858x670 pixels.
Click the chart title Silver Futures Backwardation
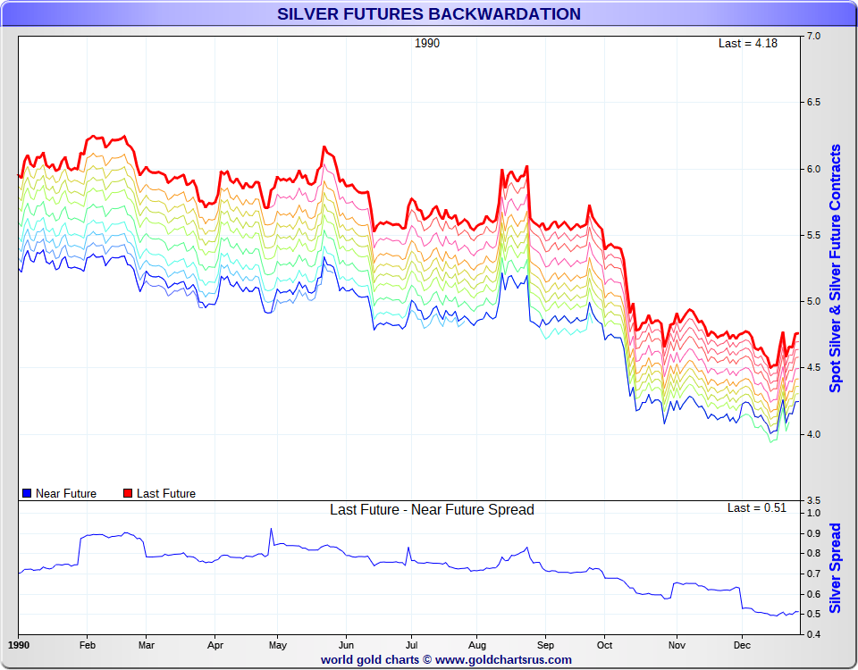[x=428, y=14]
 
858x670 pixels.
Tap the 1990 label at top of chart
[x=427, y=43]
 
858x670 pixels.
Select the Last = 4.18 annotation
[x=747, y=43]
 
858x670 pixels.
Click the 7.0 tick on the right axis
[x=814, y=36]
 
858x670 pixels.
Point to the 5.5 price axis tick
[x=814, y=235]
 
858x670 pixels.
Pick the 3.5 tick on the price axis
[x=814, y=500]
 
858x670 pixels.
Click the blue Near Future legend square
[x=27, y=493]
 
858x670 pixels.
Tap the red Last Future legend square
[x=128, y=493]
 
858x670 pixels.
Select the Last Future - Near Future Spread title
[x=432, y=510]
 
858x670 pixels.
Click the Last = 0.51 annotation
[x=756, y=508]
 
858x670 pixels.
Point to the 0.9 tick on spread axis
[x=813, y=533]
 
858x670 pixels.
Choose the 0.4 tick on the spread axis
[x=813, y=634]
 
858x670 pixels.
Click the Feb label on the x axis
[x=88, y=645]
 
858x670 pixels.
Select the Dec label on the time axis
[x=742, y=645]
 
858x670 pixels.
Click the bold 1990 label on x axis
[x=19, y=645]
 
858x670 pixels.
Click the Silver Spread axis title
[x=836, y=568]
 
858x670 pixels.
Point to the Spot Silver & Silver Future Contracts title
[x=836, y=268]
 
